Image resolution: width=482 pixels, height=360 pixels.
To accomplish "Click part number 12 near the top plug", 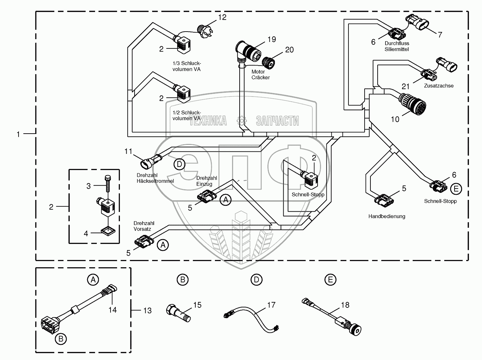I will (222, 18).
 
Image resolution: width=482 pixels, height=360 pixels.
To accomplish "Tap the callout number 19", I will (271, 40).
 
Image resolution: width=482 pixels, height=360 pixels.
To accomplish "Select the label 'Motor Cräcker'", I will (260, 75).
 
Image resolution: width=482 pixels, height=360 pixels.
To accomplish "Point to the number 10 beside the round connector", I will (395, 119).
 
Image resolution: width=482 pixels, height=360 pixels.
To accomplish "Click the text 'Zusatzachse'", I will (438, 86).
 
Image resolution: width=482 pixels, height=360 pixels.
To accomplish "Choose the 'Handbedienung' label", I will (387, 216).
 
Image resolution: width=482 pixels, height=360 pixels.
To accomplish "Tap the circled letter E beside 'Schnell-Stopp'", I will (456, 189).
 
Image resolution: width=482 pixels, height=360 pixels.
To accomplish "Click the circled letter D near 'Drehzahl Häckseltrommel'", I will (179, 165).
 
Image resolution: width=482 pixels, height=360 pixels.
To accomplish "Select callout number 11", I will (128, 151).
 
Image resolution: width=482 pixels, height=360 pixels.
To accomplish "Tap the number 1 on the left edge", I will (19, 134).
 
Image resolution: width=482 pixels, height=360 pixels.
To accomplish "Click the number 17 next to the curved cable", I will (271, 305).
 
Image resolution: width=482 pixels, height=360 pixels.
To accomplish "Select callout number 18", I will (345, 305).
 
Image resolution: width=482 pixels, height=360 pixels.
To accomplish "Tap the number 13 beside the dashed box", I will (147, 311).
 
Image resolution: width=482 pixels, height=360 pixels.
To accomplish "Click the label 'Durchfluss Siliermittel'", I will (397, 46).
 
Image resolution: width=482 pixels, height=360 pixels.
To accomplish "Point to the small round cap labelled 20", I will (268, 61).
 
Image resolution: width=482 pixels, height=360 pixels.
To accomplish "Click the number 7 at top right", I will (440, 34).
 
